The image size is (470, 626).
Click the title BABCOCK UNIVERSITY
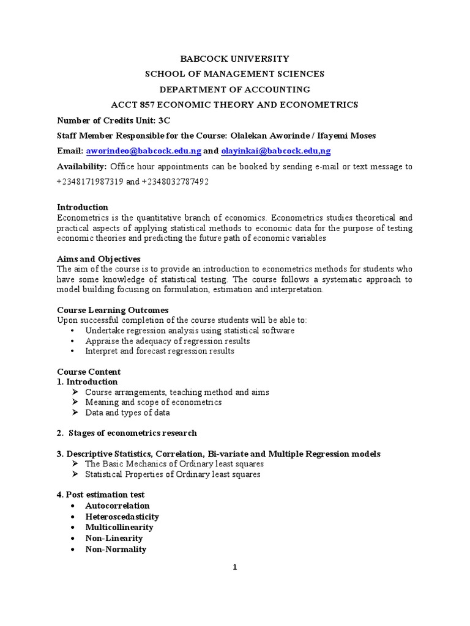click(x=234, y=59)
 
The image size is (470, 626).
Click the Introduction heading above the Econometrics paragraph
click(x=83, y=207)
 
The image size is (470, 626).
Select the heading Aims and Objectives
click(x=99, y=259)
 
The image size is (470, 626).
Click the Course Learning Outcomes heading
click(x=113, y=311)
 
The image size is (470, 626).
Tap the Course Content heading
click(x=89, y=372)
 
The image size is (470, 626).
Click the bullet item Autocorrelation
click(x=117, y=506)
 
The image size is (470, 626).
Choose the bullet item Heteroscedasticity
click(x=122, y=517)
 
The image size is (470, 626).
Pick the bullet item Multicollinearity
click(x=119, y=527)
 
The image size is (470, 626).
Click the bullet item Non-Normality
click(x=116, y=549)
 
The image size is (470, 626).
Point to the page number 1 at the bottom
click(x=234, y=567)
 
